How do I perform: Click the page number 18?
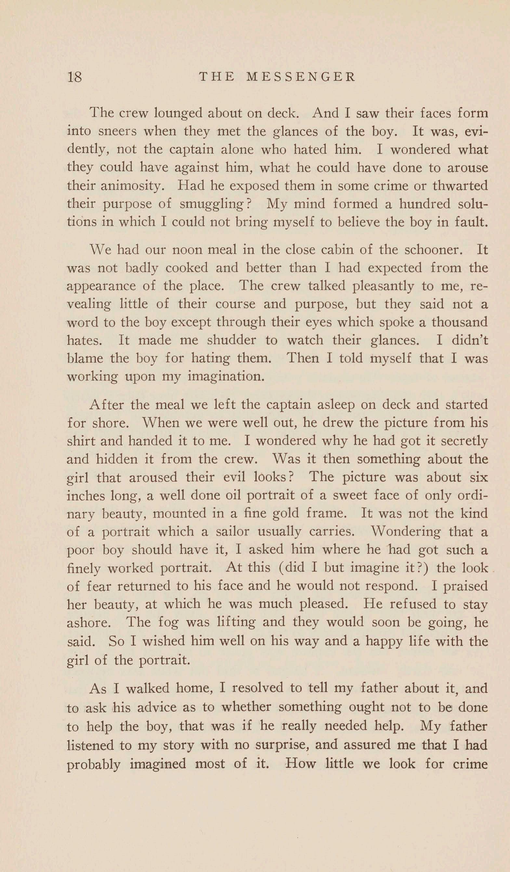pyautogui.click(x=75, y=77)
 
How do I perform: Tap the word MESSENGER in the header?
pyautogui.click(x=300, y=77)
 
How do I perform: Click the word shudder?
pyautogui.click(x=231, y=340)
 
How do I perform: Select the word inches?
pyautogui.click(x=85, y=495)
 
